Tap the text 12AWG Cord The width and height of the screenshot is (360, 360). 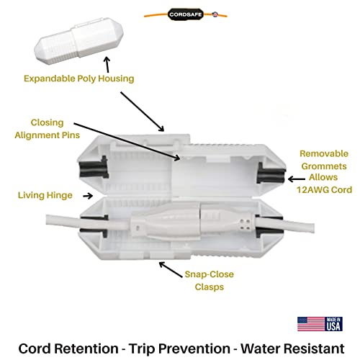click(x=324, y=189)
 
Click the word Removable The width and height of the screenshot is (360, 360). click(x=324, y=153)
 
